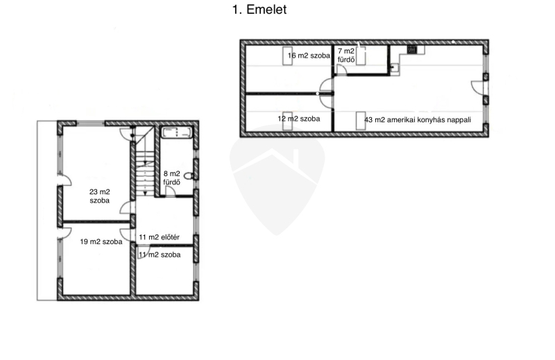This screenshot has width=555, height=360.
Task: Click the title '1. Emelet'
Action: tap(259, 10)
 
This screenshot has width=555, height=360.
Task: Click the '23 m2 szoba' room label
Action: tap(99, 196)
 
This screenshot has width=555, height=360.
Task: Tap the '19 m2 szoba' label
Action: tap(101, 242)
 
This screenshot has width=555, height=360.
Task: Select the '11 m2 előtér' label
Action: tap(159, 237)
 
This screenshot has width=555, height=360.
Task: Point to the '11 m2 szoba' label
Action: tap(160, 255)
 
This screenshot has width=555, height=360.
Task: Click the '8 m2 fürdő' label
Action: tap(171, 178)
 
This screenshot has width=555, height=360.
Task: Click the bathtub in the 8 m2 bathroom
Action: tap(177, 132)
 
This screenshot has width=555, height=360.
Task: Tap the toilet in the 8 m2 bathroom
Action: tap(189, 176)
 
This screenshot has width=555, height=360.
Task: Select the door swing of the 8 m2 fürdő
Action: tap(170, 191)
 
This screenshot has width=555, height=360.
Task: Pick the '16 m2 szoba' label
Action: tap(309, 55)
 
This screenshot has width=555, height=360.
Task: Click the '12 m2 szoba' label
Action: tap(299, 119)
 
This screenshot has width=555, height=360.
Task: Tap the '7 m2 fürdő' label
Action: tap(346, 55)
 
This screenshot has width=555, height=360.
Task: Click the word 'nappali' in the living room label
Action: tap(459, 120)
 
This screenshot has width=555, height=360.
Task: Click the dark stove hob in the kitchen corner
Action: tap(411, 49)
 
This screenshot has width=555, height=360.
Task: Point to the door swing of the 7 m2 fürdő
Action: tap(341, 69)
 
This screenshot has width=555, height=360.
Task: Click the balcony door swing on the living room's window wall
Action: tap(477, 87)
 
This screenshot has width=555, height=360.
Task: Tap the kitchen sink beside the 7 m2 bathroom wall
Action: tap(394, 67)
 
